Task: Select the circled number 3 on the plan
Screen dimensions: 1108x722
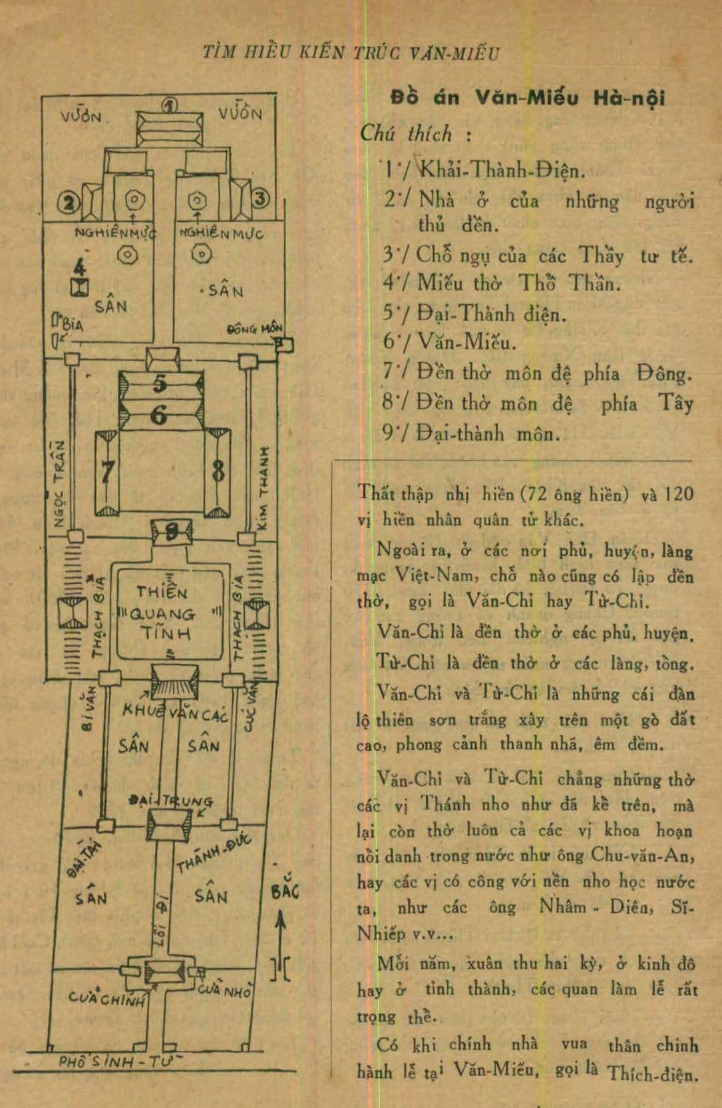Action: [261, 198]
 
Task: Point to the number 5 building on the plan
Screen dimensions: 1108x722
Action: [160, 384]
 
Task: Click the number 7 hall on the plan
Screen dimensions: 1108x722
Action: [106, 473]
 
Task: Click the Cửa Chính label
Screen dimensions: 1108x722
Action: [106, 998]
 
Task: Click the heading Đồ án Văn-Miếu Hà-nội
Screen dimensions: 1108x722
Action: [527, 98]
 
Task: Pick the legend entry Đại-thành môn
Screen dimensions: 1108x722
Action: [488, 433]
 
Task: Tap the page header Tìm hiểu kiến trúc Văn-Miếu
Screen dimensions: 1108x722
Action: [351, 52]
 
